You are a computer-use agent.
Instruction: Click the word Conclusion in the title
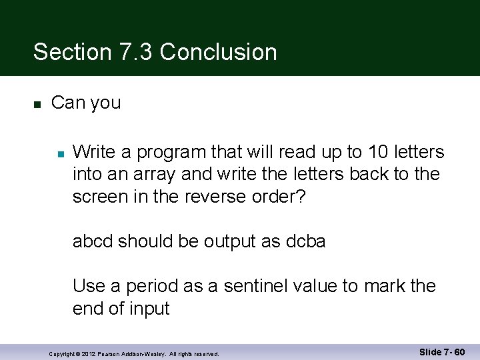pos(219,52)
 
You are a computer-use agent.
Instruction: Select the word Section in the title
pos(71,52)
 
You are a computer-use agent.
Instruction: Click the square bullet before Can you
pos(37,104)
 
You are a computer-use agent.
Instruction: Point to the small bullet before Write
pos(59,153)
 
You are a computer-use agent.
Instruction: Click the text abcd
pos(93,241)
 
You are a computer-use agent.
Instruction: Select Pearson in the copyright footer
pos(107,353)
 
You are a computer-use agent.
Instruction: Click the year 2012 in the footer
pos(88,353)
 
